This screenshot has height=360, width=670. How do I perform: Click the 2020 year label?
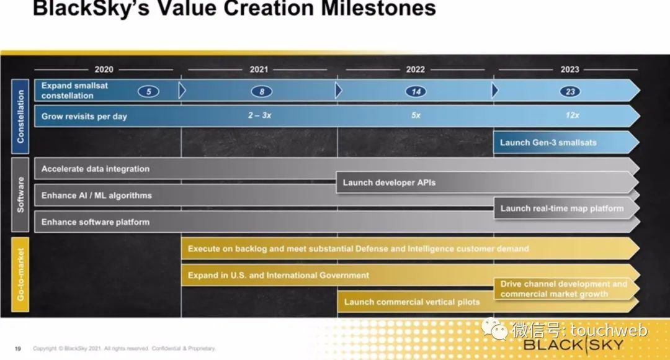point(104,70)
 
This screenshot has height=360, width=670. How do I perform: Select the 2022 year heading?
point(415,70)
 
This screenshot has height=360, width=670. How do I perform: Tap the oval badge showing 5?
point(148,91)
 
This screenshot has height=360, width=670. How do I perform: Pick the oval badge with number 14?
point(416,91)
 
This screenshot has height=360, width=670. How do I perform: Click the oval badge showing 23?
point(570,91)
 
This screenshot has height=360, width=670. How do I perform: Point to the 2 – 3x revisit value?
point(260,115)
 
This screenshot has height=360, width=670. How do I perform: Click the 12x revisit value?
point(572,115)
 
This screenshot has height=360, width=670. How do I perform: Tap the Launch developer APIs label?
point(389,182)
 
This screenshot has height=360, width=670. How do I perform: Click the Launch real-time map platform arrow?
point(566,208)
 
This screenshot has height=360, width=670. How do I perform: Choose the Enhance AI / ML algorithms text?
point(97,196)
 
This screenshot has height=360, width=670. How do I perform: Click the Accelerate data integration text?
point(96,169)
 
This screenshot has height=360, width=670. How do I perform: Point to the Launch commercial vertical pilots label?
point(412,302)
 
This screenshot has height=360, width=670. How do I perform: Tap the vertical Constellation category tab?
point(20,116)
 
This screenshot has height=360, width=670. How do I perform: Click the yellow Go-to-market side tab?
point(20,274)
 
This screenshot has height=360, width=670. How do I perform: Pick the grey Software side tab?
point(20,195)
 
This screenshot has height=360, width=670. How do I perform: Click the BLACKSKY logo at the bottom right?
point(573,345)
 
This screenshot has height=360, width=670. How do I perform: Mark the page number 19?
point(17,349)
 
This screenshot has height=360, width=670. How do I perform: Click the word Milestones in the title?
point(378,8)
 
